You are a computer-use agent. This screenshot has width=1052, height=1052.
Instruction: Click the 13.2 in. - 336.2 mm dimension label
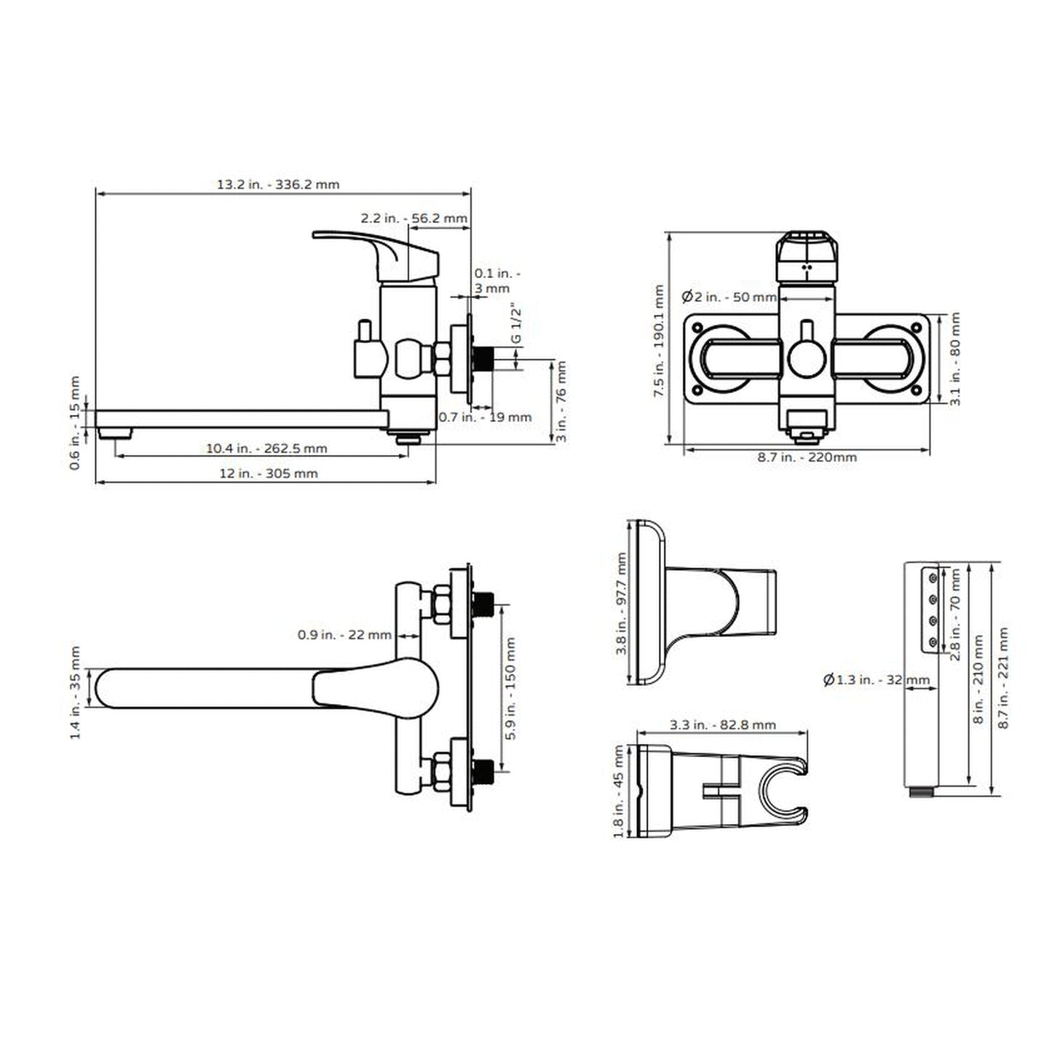(x=277, y=184)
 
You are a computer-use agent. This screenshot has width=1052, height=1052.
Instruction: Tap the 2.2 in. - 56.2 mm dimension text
(x=414, y=218)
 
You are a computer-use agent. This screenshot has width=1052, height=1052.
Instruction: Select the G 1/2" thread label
(x=516, y=324)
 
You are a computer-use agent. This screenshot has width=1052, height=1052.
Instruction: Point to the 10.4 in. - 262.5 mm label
(x=266, y=448)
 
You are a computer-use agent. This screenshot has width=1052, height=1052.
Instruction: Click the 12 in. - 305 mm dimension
(x=269, y=473)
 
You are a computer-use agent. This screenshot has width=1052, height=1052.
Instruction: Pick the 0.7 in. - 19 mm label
(x=485, y=417)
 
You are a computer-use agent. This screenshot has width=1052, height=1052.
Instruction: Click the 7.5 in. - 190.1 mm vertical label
(x=659, y=341)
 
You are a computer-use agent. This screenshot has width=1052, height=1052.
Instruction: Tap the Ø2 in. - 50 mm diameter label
(x=729, y=297)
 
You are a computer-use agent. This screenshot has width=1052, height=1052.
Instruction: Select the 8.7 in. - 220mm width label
(x=807, y=457)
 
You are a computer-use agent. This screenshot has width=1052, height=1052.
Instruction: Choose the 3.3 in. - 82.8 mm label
(x=722, y=725)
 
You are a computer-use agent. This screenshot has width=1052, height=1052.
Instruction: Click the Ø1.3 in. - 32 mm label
(x=877, y=680)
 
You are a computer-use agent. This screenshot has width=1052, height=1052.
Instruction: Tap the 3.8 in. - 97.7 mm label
(x=621, y=604)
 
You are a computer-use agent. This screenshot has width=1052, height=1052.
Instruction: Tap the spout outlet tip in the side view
(x=117, y=433)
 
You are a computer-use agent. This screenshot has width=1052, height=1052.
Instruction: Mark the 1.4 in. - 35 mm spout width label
(x=75, y=692)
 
